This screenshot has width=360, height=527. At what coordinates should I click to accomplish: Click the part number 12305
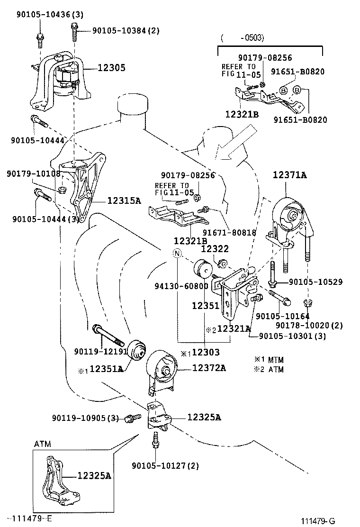tap(111, 68)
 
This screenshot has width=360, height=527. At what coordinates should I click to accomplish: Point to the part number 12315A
tap(124, 200)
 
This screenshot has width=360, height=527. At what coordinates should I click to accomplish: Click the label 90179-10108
tap(34, 174)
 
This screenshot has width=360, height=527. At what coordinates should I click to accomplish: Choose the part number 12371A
tap(289, 175)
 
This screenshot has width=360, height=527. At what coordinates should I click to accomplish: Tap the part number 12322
tap(215, 248)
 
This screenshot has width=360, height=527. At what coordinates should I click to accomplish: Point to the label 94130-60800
tap(181, 286)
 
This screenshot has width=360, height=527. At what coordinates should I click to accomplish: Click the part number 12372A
tap(209, 368)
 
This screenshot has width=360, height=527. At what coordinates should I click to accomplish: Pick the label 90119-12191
tap(101, 351)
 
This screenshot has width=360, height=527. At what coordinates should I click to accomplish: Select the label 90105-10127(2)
tap(165, 465)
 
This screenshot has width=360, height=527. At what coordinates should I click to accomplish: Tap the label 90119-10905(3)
tap(85, 418)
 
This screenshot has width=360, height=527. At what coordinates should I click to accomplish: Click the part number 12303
tap(205, 353)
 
